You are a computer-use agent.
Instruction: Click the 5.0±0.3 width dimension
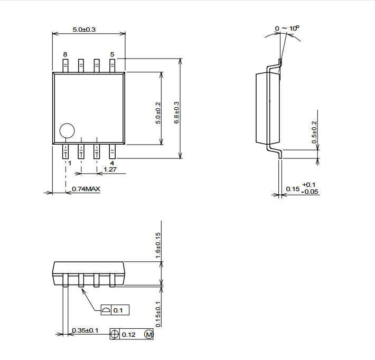(84, 30)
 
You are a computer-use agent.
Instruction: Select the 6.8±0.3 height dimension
(176, 112)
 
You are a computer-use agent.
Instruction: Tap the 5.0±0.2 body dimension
(158, 113)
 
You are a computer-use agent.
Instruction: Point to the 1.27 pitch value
(110, 169)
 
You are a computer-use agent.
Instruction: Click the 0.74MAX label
(86, 189)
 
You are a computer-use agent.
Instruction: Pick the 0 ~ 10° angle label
(287, 28)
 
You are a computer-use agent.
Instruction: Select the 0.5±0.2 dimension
(314, 132)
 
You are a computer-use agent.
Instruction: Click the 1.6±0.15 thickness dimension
(158, 245)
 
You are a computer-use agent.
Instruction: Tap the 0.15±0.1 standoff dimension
(158, 315)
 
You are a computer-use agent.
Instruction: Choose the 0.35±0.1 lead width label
(85, 330)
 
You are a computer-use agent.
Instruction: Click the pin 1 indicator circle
(67, 131)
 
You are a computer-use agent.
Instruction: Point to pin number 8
(65, 54)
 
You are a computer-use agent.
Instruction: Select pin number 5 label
(112, 54)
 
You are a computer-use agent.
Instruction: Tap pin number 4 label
(112, 163)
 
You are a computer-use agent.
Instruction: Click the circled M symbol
(148, 334)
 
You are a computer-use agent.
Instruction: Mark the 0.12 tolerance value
(129, 335)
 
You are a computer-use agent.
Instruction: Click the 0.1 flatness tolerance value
(118, 310)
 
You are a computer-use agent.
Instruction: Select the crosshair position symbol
(115, 334)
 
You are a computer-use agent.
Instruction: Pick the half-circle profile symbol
(106, 310)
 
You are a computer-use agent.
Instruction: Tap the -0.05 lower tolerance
(310, 192)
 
